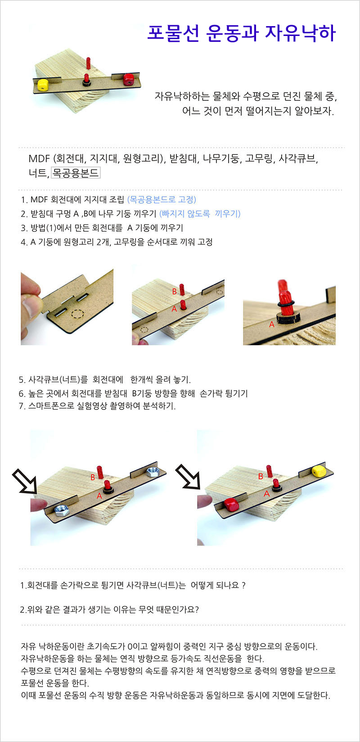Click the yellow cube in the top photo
pos(43,85)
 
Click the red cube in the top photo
pos(127,80)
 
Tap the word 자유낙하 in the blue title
pos(301,33)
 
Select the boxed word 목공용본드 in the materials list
pos(76,173)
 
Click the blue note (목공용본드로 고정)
pos(162,199)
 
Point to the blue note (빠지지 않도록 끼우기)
pos(200,214)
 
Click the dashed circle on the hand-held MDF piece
pos(78,313)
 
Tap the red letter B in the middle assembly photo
pos(174,292)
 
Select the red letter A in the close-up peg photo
pos(271,324)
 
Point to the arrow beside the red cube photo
pos(188,477)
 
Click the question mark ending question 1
pos(244,585)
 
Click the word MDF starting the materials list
pos(39,159)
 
